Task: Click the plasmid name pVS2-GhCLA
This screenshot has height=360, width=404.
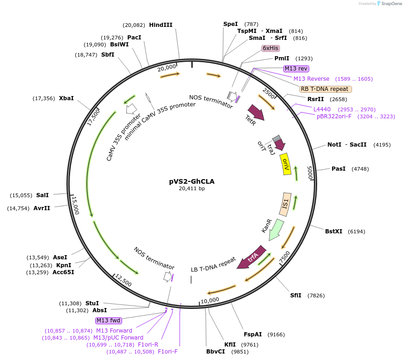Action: tap(192, 181)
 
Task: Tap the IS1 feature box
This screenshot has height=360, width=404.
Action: tap(285, 204)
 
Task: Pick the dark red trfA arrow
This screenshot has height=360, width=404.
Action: tap(251, 257)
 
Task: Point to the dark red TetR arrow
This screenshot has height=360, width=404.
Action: tap(256, 113)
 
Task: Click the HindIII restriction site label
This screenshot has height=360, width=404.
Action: tap(161, 25)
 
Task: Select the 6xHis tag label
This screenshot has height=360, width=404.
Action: tap(271, 48)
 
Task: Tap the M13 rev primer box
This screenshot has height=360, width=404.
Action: tap(296, 68)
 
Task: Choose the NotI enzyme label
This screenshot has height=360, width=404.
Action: tap(334, 145)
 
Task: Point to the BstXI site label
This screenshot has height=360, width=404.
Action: tap(333, 231)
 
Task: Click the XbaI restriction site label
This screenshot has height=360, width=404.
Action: tap(66, 98)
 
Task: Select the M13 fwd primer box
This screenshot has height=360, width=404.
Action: tap(108, 321)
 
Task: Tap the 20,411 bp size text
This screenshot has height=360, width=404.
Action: tap(192, 189)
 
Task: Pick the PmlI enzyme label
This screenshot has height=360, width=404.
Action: tap(282, 58)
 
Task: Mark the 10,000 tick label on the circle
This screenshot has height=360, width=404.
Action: tap(209, 300)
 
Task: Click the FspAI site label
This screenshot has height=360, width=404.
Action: tap(253, 334)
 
